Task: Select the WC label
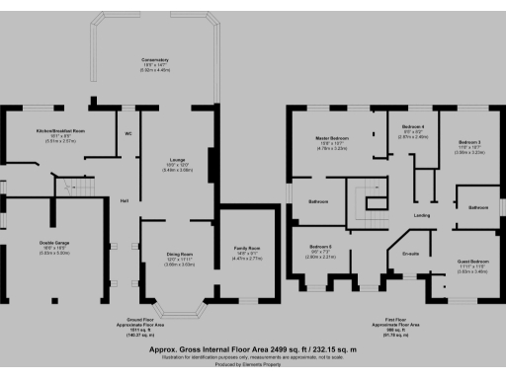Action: [128, 132]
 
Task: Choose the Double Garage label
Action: [34, 242]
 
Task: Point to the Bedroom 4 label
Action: [414, 127]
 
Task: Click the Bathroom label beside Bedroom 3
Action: [478, 207]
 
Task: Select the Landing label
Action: [420, 215]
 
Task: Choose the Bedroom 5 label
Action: [320, 246]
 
